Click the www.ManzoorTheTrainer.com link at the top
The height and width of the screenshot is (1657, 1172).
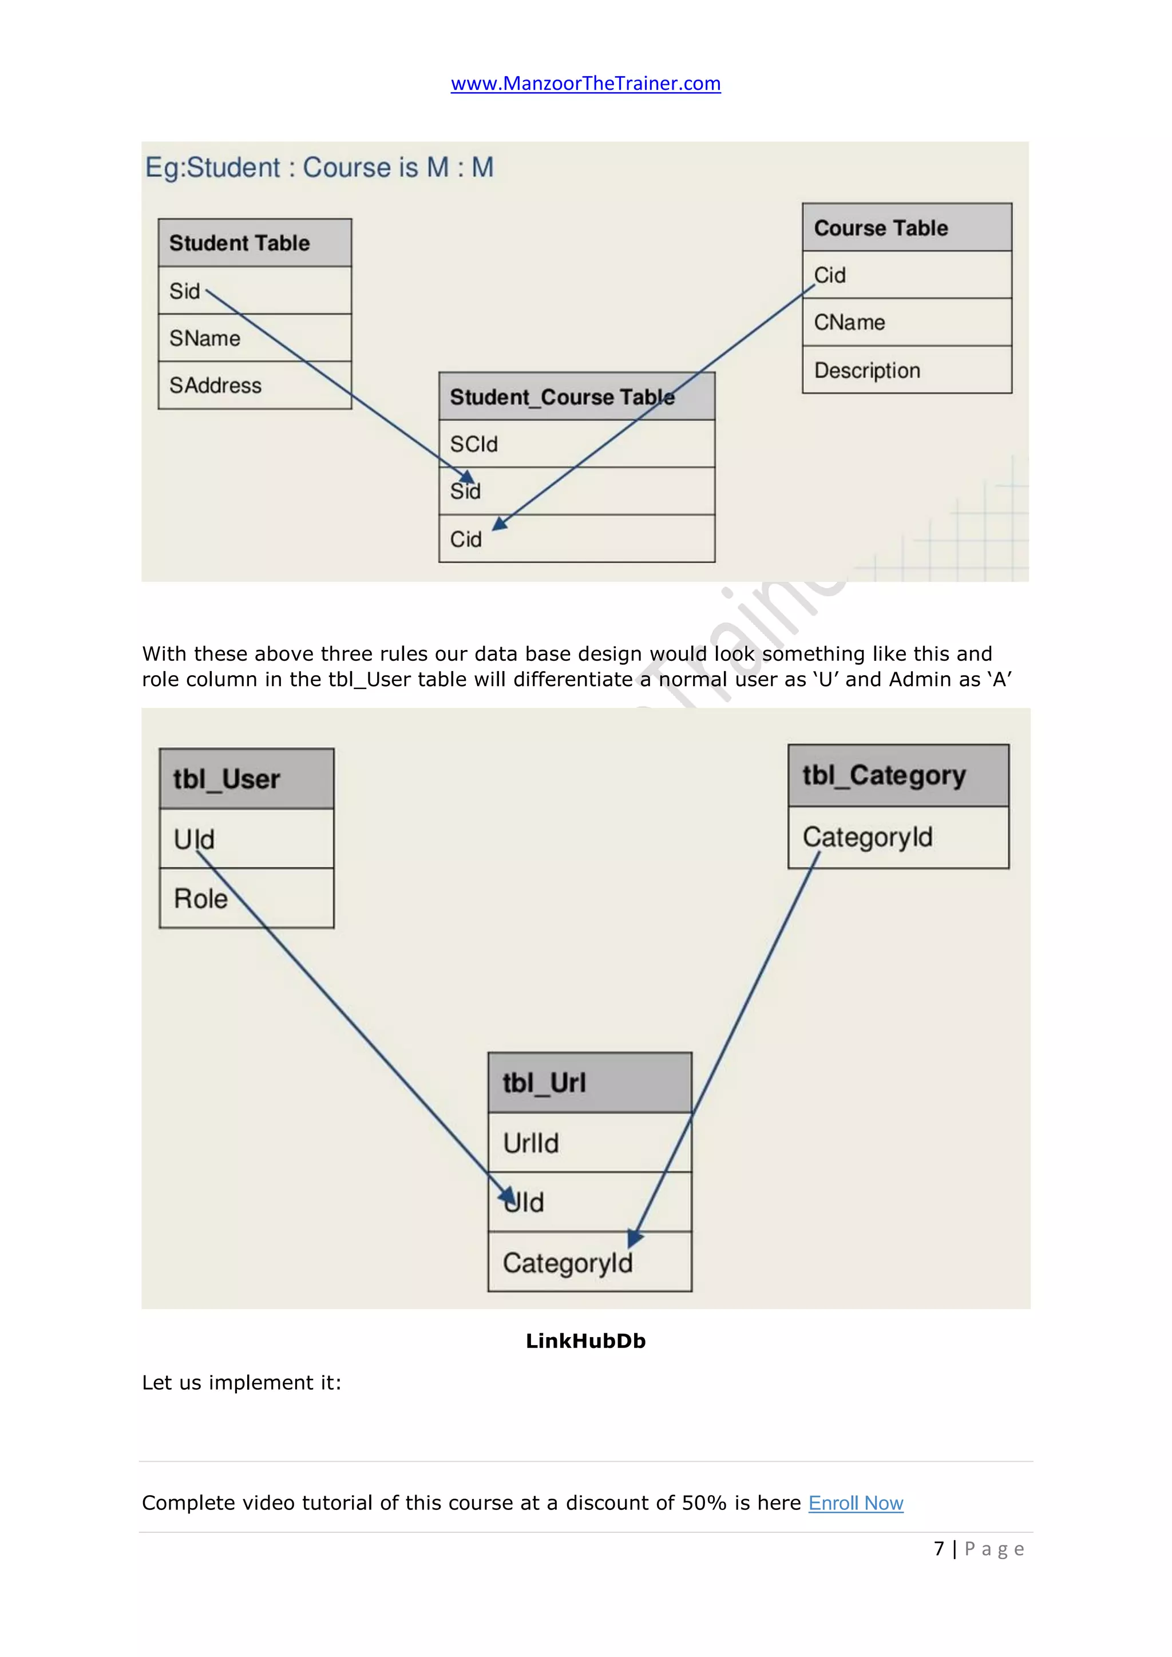click(585, 84)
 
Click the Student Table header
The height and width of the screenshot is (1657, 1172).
click(255, 243)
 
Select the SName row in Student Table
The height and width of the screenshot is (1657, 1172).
click(255, 338)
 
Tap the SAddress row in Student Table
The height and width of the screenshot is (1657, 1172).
click(255, 386)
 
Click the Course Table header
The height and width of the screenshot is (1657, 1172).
click(906, 228)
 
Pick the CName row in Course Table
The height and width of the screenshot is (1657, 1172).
click(906, 322)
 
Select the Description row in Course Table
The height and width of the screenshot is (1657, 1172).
click(906, 370)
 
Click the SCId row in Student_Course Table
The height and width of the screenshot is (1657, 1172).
click(577, 444)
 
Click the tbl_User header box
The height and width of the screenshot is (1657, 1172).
click(246, 779)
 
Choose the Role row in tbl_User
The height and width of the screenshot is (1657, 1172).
click(246, 898)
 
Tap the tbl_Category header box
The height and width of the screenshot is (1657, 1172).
click(898, 776)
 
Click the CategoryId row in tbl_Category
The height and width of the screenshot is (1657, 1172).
click(898, 837)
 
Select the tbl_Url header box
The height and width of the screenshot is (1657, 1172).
click(589, 1083)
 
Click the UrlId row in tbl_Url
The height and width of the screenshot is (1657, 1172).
click(589, 1143)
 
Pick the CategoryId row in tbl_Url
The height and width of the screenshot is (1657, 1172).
click(589, 1263)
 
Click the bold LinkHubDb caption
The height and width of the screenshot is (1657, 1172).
click(585, 1341)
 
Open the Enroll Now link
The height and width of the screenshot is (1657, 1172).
click(855, 1503)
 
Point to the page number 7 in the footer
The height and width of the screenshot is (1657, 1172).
click(939, 1549)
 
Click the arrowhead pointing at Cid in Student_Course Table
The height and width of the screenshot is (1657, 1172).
click(500, 523)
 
